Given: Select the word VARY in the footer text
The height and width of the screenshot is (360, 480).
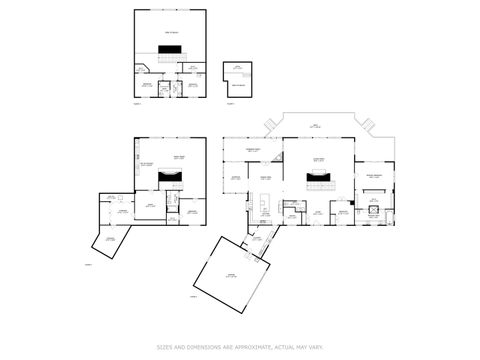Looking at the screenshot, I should tap(318, 348).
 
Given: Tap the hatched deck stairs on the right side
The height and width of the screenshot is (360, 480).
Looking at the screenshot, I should tap(367, 124).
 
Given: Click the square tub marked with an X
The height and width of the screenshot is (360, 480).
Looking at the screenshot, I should tap(373, 211).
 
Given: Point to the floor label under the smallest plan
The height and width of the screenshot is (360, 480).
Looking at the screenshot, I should tap(229, 102).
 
